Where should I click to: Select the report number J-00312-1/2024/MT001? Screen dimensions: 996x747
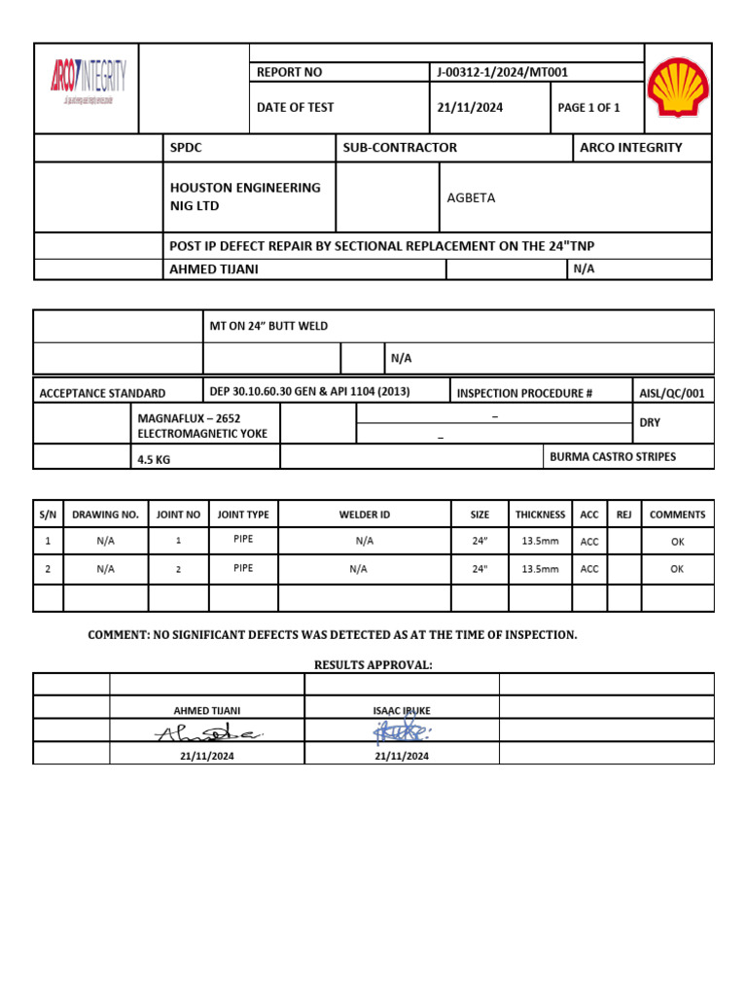point(491,72)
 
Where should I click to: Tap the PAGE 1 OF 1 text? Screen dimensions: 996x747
point(588,108)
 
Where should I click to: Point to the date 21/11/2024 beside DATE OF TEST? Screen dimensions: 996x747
point(470,108)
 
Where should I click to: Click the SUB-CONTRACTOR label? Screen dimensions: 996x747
point(400,148)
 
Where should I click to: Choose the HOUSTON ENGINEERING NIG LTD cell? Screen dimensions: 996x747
point(245,196)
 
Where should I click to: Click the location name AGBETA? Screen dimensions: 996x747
point(471,197)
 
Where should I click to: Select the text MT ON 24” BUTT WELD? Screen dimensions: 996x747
point(269,326)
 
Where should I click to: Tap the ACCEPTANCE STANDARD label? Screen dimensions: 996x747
point(102,393)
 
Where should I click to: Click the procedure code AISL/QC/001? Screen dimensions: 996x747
point(672,392)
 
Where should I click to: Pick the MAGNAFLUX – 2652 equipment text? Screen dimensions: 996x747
point(189,418)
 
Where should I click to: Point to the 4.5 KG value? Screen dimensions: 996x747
point(154,459)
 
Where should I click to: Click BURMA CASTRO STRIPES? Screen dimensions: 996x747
point(613,456)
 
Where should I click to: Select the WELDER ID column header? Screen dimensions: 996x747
point(365,515)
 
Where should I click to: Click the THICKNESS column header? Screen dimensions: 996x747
point(540,515)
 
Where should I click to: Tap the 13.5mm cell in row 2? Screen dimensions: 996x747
point(540,569)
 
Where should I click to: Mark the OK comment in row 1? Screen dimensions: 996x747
point(677,542)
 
